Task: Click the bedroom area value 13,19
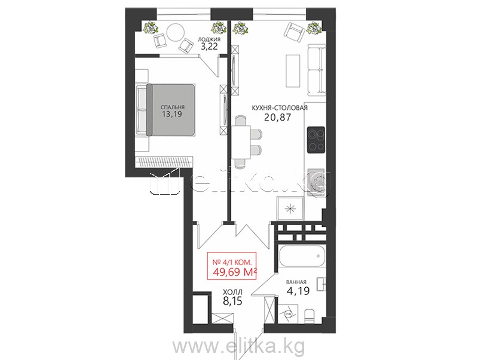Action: [x=172, y=114]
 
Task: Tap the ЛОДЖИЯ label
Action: [x=209, y=39]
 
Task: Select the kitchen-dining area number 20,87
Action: [x=277, y=117]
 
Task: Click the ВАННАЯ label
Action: [x=296, y=282]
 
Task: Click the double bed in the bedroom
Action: [x=166, y=110]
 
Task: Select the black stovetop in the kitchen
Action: [x=316, y=140]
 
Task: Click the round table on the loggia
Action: [x=176, y=32]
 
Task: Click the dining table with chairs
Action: [x=246, y=141]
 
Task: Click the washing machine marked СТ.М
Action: [x=287, y=313]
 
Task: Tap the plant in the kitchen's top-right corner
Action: [x=314, y=28]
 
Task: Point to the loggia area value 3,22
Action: [x=209, y=47]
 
